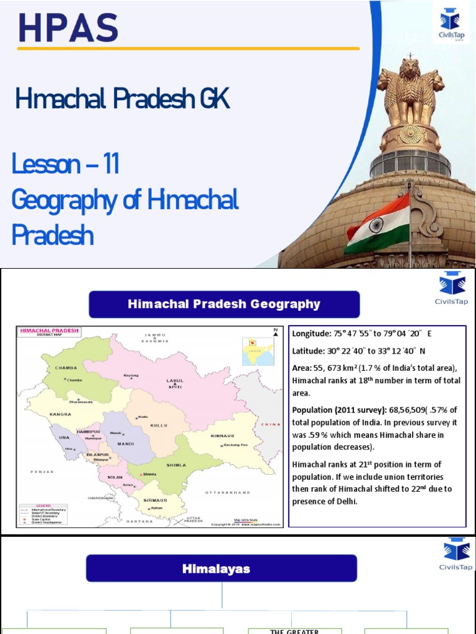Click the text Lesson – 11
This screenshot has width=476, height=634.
65,165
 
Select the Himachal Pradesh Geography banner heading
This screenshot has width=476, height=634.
224,304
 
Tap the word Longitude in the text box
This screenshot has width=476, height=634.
312,334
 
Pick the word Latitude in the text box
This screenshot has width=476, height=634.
309,351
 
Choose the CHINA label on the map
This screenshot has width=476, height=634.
271,424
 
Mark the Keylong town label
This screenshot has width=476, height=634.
131,375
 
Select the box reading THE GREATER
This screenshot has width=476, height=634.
294,632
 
